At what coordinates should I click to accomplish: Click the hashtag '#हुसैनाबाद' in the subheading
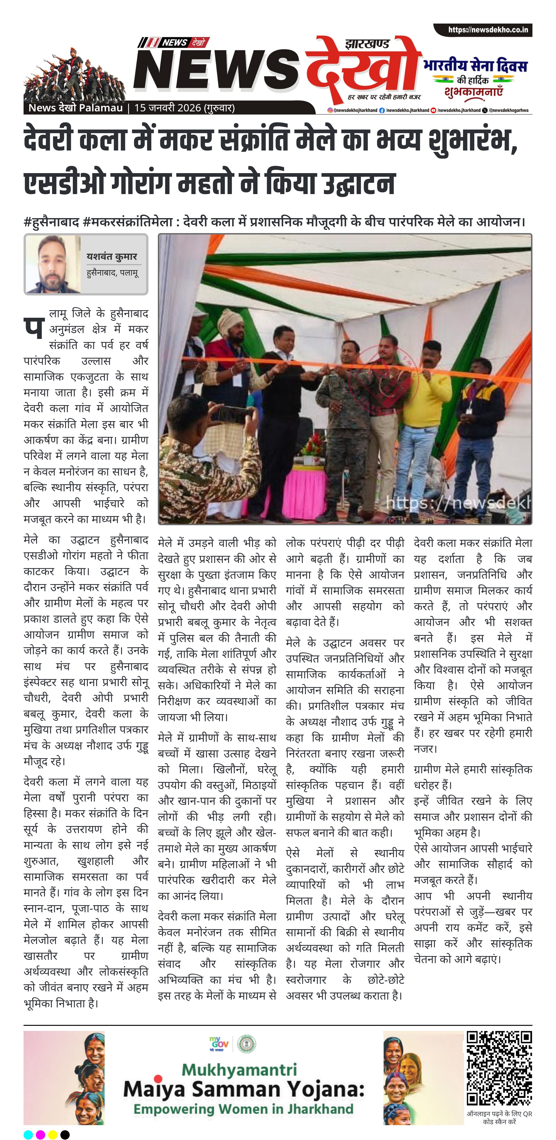(51, 221)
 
